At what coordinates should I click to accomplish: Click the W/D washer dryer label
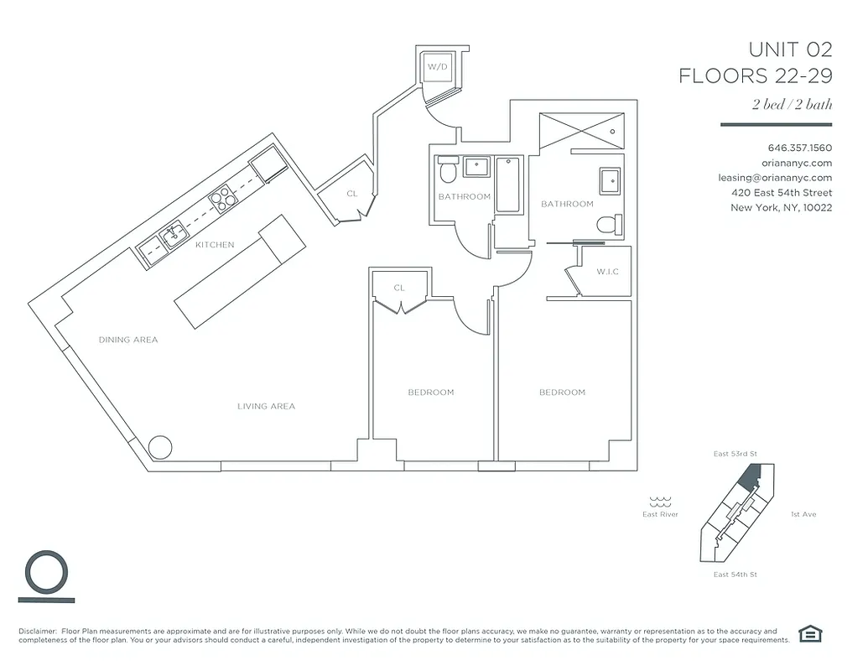pos(436,65)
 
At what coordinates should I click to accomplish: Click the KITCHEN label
pos(215,245)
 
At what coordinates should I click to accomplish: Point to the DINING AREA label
pos(128,340)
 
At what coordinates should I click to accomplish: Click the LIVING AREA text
pos(266,406)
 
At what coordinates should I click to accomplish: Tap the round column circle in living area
pos(159,446)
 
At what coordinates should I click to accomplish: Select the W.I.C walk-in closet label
pos(608,272)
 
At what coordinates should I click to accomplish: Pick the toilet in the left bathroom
pos(448,173)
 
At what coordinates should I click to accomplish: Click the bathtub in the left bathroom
pos(508,185)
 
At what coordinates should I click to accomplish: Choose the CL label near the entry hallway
pos(352,194)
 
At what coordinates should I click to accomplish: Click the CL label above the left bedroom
pos(399,288)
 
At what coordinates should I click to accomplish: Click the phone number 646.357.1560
pos(799,148)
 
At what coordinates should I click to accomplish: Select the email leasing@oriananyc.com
pos(775,177)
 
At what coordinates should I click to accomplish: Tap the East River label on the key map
pos(660,514)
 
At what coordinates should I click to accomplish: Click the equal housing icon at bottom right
pos(809,634)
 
